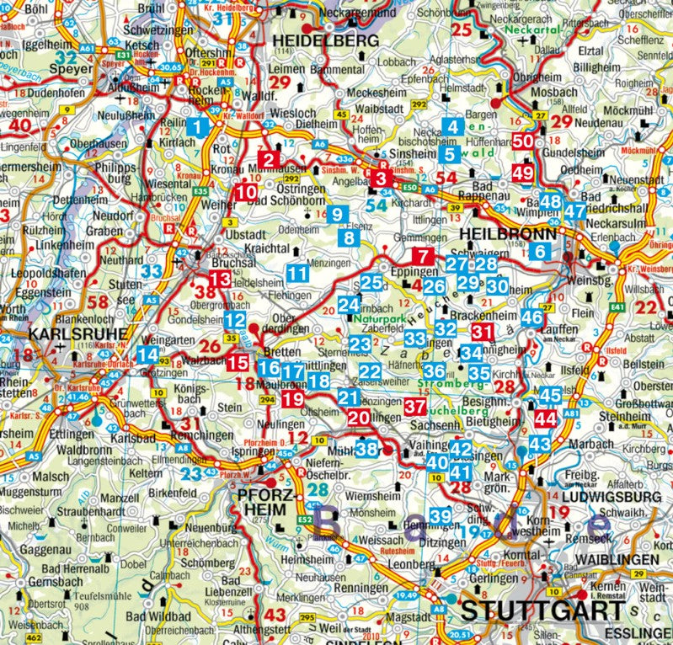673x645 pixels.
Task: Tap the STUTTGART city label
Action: click(x=539, y=610)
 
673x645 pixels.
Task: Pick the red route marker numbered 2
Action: click(x=270, y=159)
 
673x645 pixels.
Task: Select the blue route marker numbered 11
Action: click(x=296, y=273)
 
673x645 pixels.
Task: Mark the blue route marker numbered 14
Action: click(x=147, y=355)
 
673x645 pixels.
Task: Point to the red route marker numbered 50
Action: click(x=522, y=141)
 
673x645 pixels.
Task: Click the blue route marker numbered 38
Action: click(x=366, y=448)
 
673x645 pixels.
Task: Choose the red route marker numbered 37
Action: click(x=414, y=406)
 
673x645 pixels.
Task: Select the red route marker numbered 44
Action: click(x=546, y=418)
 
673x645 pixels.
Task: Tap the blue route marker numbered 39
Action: click(x=440, y=515)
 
